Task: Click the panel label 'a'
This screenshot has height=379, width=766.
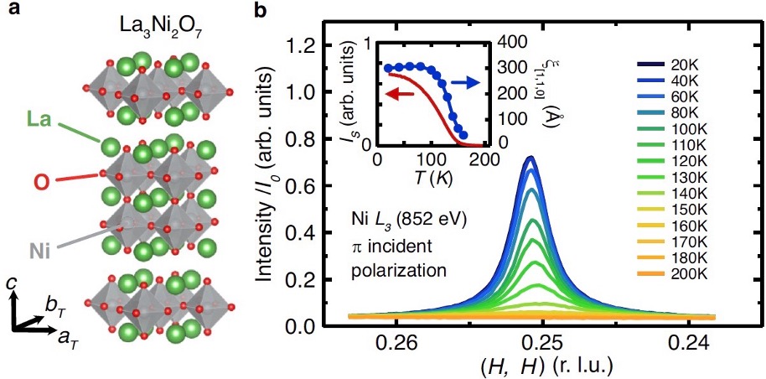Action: (x=8, y=9)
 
